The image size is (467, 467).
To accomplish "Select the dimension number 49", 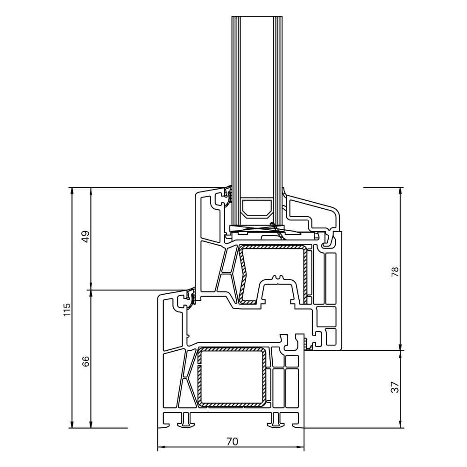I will [x=85, y=237].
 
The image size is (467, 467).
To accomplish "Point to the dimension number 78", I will [x=395, y=272].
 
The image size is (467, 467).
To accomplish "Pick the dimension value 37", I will [x=395, y=387].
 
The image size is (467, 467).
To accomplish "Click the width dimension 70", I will [x=232, y=441].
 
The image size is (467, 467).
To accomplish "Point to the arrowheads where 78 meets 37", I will [x=400, y=350].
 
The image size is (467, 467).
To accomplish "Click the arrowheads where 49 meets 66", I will [x=91, y=290].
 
